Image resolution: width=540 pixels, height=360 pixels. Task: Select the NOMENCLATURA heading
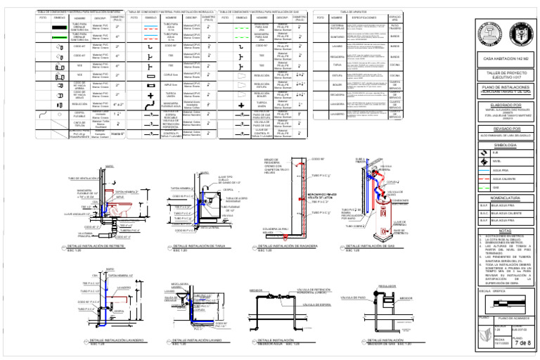505,198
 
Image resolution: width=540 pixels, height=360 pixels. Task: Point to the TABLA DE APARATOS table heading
355,12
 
